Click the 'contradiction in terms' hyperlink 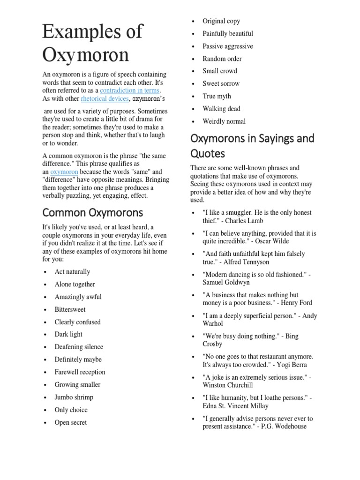[x=130, y=90]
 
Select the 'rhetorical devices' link [x=104, y=98]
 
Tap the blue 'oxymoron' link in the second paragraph [x=65, y=172]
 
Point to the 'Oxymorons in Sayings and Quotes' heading [x=252, y=146]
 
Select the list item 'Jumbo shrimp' [x=74, y=397]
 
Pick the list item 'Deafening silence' [x=79, y=347]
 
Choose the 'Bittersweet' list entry [x=70, y=309]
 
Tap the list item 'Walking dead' [x=221, y=109]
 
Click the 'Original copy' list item [x=221, y=21]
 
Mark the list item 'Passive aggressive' [x=227, y=46]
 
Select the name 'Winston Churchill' [x=228, y=385]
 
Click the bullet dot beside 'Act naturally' [x=45, y=272]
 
